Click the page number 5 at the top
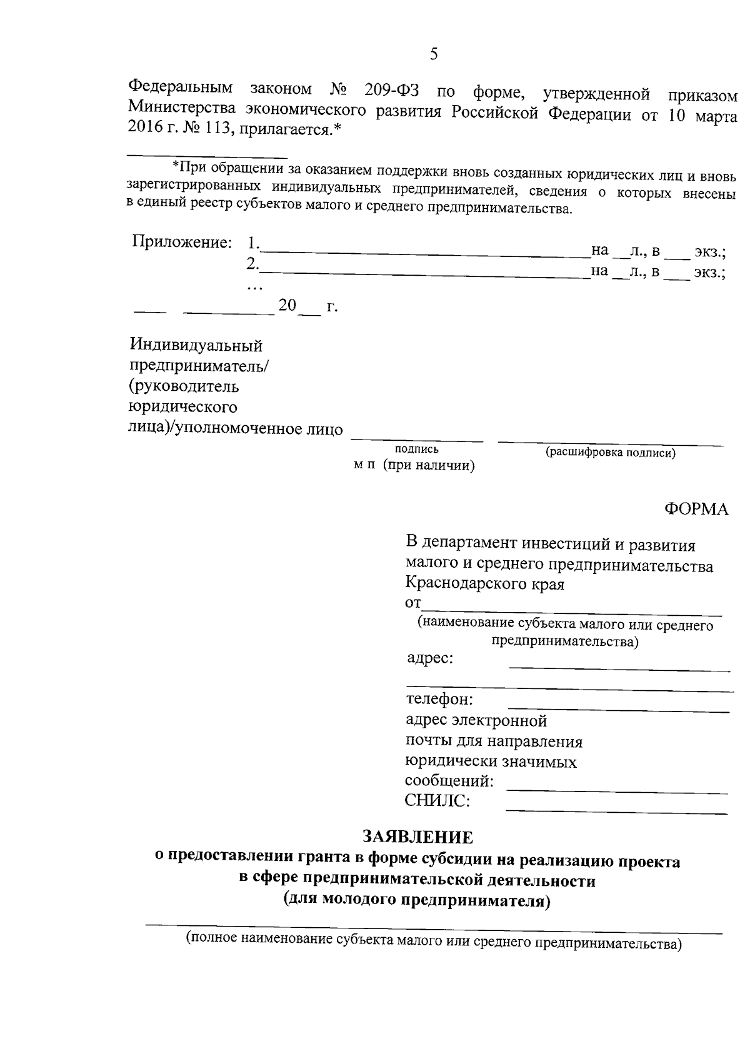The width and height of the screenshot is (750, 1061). tap(434, 54)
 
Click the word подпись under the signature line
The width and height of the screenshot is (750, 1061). tap(417, 449)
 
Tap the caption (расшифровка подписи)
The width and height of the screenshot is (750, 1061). tap(611, 453)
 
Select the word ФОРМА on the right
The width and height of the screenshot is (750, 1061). tap(696, 510)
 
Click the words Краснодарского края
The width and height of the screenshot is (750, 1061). tap(485, 585)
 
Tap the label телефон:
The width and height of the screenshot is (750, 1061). tap(439, 698)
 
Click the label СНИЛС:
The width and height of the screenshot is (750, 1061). tap(437, 801)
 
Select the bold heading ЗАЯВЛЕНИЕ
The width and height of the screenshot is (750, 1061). tap(418, 837)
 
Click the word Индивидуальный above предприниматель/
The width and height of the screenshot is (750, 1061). tap(196, 346)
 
